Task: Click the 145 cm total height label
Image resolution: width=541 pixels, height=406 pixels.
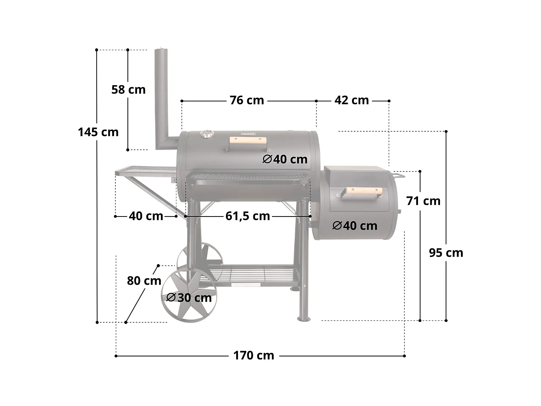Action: (98, 132)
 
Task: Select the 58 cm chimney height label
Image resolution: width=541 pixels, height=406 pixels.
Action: (128, 90)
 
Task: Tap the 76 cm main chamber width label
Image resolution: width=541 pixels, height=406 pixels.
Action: (247, 100)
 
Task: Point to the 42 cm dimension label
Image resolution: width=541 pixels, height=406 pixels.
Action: (352, 100)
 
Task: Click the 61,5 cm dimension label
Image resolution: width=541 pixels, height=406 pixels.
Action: (248, 216)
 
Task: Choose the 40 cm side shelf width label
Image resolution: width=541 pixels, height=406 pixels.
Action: (146, 216)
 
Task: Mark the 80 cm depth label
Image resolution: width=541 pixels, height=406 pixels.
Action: (144, 280)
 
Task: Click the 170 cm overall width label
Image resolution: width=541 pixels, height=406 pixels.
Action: (254, 355)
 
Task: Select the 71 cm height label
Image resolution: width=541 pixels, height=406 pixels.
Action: (423, 201)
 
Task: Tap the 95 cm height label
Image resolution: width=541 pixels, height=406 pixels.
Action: (446, 253)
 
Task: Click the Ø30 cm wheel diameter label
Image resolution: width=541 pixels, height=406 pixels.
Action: (189, 298)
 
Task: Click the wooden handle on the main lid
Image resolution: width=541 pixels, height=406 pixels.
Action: (248, 141)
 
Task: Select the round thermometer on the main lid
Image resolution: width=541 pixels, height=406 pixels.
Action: (206, 134)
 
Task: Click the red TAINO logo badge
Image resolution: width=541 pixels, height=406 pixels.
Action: (248, 134)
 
